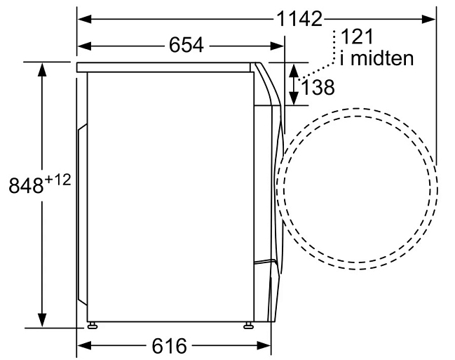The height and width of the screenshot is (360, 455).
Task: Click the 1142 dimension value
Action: click(x=299, y=19)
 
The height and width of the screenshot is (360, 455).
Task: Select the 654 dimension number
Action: click(x=186, y=46)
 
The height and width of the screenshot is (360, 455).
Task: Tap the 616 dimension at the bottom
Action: click(x=169, y=346)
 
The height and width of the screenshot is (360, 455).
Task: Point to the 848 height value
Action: click(x=26, y=186)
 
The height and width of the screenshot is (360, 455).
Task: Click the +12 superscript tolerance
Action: click(x=57, y=180)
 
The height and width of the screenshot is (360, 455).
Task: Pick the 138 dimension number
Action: click(x=318, y=87)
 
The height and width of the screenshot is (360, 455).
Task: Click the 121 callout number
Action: click(x=357, y=36)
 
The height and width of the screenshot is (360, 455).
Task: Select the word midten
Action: click(x=382, y=58)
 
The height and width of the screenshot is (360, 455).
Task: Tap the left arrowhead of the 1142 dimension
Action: click(x=85, y=19)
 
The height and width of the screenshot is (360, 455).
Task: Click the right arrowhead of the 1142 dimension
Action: click(x=428, y=19)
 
